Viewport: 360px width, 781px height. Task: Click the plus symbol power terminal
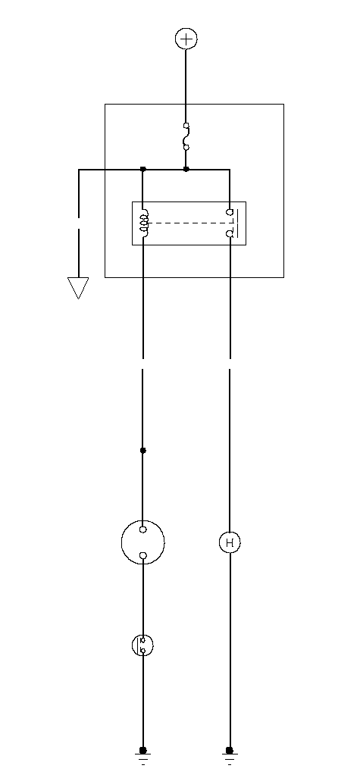tap(186, 39)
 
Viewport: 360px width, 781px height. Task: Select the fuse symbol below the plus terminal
tap(186, 136)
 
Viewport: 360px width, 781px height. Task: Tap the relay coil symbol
tap(143, 223)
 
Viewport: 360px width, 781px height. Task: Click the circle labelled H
tap(230, 542)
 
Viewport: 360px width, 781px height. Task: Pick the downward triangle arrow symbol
tap(78, 288)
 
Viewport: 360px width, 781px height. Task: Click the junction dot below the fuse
tap(186, 170)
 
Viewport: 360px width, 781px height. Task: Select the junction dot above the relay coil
tap(143, 170)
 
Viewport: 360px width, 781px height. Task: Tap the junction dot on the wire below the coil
tap(143, 450)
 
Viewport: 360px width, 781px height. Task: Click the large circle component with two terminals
tap(142, 521)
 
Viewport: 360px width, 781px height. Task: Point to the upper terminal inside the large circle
tap(143, 530)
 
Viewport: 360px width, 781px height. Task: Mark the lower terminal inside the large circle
tap(143, 555)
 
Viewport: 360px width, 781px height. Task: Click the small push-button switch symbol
tap(142, 645)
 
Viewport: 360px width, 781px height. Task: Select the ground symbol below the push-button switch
tap(143, 755)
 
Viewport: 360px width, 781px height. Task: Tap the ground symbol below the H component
tap(230, 755)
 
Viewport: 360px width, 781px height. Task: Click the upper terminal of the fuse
tap(186, 126)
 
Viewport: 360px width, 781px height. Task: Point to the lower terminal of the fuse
tap(186, 148)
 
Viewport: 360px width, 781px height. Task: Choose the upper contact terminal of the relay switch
tap(230, 212)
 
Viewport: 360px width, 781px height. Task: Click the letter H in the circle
tap(230, 542)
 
